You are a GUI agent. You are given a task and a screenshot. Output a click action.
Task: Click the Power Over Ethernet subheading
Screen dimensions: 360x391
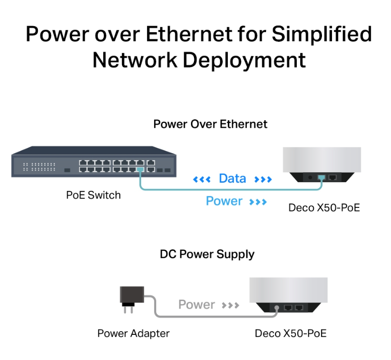(210, 124)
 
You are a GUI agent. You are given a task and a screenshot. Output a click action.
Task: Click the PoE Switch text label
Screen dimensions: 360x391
(93, 195)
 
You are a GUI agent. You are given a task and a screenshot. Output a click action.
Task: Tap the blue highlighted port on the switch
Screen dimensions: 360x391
(140, 170)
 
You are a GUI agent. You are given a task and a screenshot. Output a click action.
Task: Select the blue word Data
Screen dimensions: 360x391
(232, 178)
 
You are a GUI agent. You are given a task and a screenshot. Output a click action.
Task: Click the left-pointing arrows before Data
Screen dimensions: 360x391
(202, 179)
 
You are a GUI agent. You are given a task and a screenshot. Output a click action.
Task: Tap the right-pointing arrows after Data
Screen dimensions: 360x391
(263, 179)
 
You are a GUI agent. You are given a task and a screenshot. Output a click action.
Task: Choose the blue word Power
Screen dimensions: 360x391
(224, 201)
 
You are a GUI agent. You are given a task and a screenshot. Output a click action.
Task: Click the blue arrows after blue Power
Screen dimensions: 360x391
(257, 202)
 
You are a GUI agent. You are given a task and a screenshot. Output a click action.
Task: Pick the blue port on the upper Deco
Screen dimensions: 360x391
(320, 177)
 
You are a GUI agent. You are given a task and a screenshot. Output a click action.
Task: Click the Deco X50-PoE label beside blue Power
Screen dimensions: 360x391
(324, 207)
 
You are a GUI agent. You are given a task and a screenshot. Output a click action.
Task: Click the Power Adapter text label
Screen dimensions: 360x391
(133, 333)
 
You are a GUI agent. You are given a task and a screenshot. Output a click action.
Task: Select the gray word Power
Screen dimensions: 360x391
(197, 305)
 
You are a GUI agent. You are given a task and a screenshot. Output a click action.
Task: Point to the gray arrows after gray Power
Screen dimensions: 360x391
(230, 305)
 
